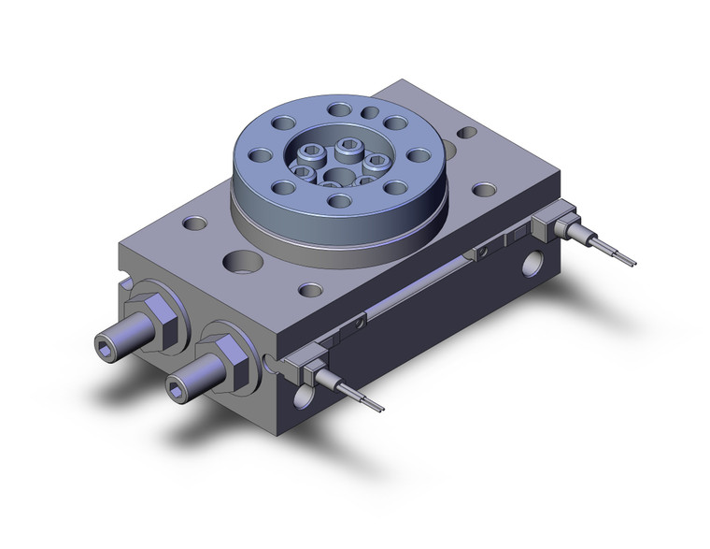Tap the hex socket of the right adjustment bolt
click(x=176, y=383)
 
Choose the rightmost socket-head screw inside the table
click(x=376, y=162)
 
